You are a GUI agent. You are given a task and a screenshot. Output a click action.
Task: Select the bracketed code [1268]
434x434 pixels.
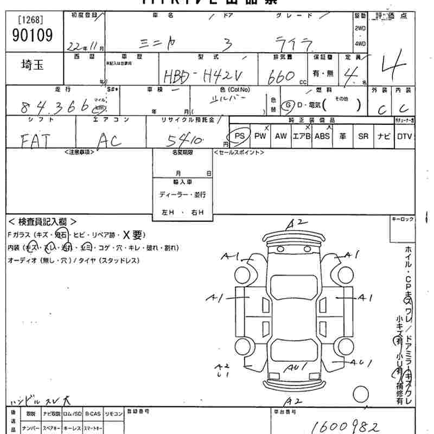(x=30, y=21)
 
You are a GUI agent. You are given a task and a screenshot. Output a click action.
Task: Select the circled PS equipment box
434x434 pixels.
(x=239, y=136)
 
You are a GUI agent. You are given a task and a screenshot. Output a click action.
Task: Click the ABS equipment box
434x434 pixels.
(x=322, y=136)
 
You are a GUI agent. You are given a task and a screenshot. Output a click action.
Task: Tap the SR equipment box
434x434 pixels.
(x=363, y=136)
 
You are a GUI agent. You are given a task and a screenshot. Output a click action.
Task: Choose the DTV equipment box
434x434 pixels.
(x=404, y=136)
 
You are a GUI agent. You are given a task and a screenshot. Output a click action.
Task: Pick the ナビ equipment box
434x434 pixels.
(x=384, y=136)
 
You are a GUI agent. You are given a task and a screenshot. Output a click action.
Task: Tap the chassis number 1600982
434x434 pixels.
(x=344, y=425)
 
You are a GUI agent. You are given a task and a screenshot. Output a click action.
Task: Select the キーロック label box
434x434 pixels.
(x=402, y=219)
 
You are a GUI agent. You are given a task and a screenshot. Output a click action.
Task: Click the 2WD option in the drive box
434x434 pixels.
(x=360, y=28)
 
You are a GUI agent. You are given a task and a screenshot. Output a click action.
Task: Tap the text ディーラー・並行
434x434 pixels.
(x=182, y=194)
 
